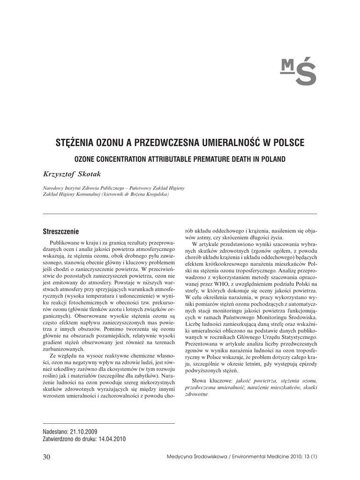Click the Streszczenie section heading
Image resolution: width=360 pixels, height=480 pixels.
click(61, 232)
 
